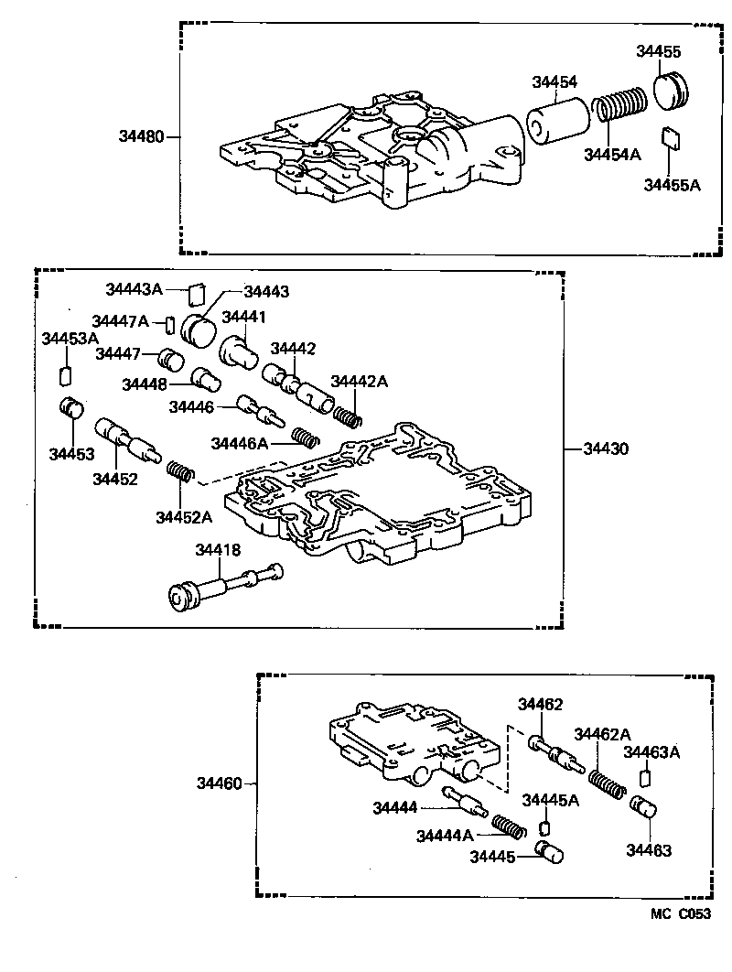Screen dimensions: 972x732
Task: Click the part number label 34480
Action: click(x=140, y=137)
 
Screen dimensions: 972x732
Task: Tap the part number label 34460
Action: click(x=219, y=783)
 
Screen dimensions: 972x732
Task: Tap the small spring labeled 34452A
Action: click(x=182, y=473)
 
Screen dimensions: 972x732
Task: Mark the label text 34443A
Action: click(x=133, y=289)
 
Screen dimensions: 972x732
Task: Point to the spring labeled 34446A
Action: click(x=303, y=436)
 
